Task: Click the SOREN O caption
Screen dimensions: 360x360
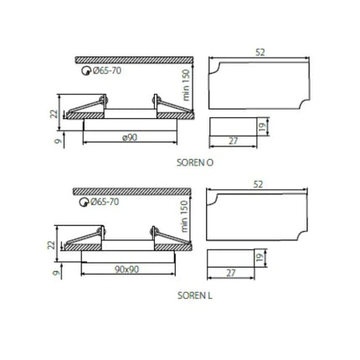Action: tap(195, 162)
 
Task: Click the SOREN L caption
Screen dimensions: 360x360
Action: tap(195, 296)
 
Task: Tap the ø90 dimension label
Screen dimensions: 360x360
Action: tap(130, 137)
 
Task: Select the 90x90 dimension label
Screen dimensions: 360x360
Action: tap(126, 270)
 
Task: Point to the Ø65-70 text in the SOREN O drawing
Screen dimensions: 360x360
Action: tap(107, 70)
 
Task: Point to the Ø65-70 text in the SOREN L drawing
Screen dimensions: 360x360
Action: tap(105, 202)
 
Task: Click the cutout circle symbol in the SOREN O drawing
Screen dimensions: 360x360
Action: tap(86, 71)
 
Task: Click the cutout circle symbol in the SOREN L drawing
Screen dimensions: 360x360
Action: tap(84, 202)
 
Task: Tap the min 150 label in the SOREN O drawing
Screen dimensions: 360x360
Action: tap(185, 85)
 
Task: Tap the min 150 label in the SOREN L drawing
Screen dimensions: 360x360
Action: tap(183, 216)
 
